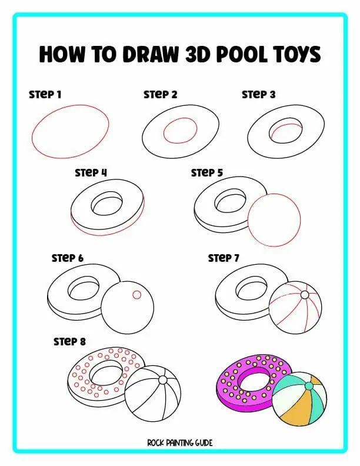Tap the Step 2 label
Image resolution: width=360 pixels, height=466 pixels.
(x=160, y=94)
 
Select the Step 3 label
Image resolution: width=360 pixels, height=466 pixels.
(x=258, y=94)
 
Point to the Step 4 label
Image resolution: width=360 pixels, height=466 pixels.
(x=91, y=173)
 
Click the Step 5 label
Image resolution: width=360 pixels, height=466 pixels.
(x=206, y=173)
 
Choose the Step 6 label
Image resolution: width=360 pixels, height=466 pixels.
(x=68, y=258)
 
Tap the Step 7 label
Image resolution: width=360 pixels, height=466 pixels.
(x=224, y=258)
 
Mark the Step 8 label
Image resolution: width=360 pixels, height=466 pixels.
(x=69, y=341)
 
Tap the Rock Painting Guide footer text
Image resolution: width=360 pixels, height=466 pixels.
(x=180, y=442)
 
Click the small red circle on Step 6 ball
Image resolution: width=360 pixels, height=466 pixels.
(x=136, y=295)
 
